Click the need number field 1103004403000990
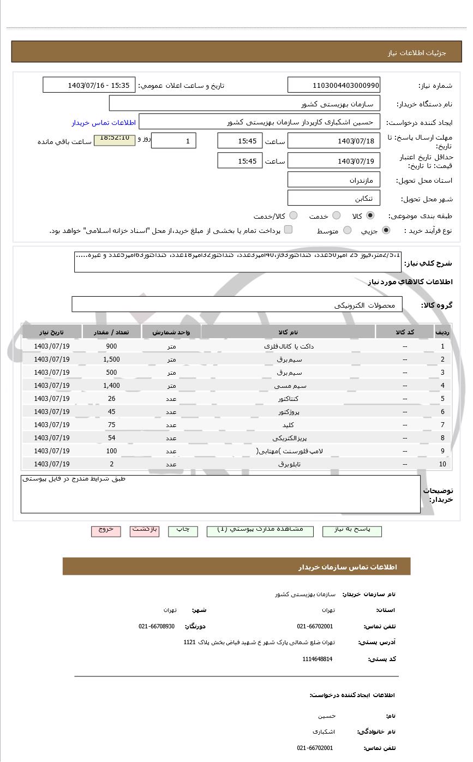click(334, 85)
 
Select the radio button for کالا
click(370, 215)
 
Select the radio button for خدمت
click(337, 215)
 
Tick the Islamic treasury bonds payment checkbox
click(288, 230)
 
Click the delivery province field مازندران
click(334, 180)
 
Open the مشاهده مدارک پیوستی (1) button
click(260, 530)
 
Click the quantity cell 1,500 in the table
click(111, 359)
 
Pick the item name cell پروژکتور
click(289, 412)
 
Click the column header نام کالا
click(288, 332)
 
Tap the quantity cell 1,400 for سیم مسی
click(111, 386)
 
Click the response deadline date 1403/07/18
click(334, 141)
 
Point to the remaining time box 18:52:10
click(115, 140)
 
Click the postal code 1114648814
click(318, 659)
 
